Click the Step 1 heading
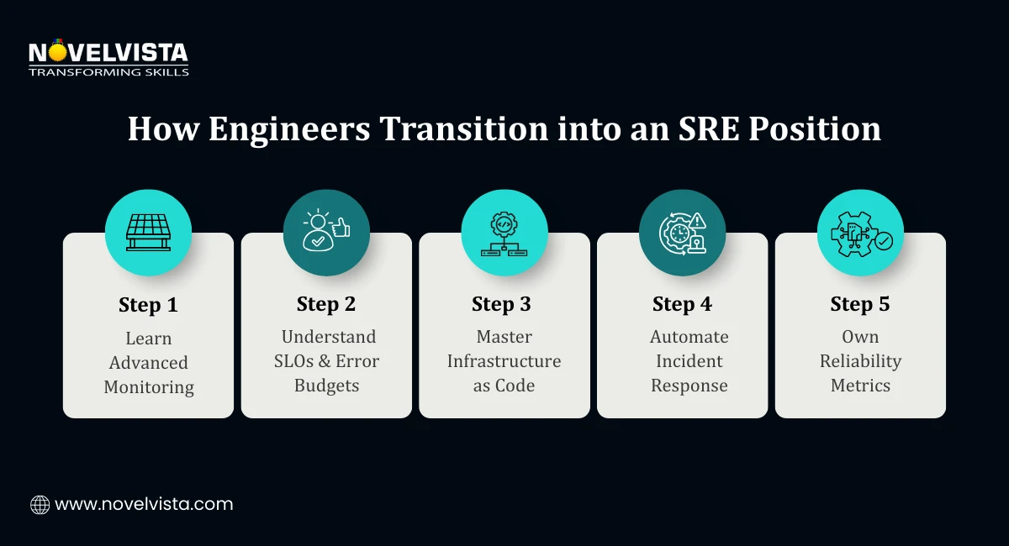[x=148, y=305]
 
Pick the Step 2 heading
[x=326, y=304]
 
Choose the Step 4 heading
[x=682, y=304]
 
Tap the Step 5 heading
[x=859, y=304]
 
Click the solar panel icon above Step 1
[x=148, y=233]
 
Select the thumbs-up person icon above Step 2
[x=326, y=233]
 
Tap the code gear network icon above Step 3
[x=504, y=233]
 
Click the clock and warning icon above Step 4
[x=682, y=233]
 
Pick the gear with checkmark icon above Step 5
[x=860, y=233]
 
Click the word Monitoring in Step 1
[x=149, y=387]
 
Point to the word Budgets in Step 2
[x=326, y=386]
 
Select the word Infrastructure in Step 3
[x=504, y=361]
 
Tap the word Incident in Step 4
[x=689, y=361]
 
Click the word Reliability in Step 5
[x=860, y=361]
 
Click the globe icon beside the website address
[x=40, y=505]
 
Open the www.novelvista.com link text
[x=144, y=505]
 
